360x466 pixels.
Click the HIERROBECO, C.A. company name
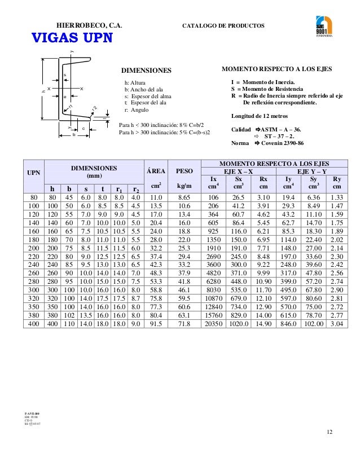coord(90,26)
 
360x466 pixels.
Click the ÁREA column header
coord(156,169)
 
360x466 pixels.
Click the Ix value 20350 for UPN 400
coord(213,324)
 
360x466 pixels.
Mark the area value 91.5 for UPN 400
coord(156,324)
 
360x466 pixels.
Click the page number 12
coord(330,432)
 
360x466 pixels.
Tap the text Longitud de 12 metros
coord(260,116)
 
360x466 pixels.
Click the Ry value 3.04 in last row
coord(337,324)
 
